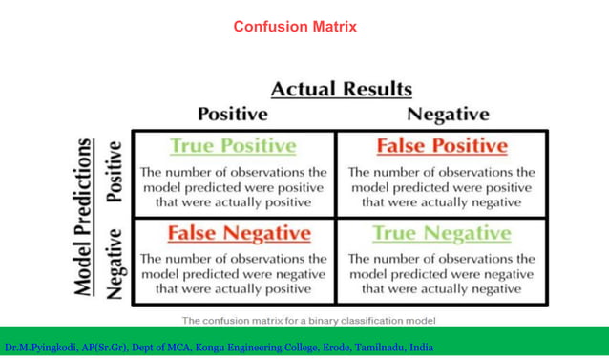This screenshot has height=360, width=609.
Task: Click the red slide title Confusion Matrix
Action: click(x=295, y=27)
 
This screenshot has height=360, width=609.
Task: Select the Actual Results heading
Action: click(x=342, y=90)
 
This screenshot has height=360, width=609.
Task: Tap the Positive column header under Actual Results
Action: click(x=232, y=115)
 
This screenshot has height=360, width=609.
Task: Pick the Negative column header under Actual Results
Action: click(x=448, y=115)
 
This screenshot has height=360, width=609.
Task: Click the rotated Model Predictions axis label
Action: click(x=85, y=218)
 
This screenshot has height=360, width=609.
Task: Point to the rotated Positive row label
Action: click(x=115, y=172)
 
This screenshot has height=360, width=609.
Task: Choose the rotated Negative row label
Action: click(x=115, y=263)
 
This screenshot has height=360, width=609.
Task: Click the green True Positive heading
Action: click(x=233, y=146)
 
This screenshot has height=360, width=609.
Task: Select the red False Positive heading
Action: click(x=441, y=146)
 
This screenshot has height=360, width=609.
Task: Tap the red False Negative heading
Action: click(x=239, y=233)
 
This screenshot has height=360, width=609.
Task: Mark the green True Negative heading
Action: click(x=441, y=233)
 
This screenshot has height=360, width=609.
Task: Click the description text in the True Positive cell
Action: click(x=233, y=187)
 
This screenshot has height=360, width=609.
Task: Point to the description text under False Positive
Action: click(x=441, y=187)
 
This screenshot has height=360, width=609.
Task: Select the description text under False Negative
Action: click(x=233, y=273)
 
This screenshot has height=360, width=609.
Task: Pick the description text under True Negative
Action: click(x=441, y=273)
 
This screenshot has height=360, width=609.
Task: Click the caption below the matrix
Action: click(x=308, y=320)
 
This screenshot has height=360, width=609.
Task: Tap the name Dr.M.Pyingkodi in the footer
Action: click(x=38, y=348)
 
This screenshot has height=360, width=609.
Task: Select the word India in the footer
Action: click(x=421, y=348)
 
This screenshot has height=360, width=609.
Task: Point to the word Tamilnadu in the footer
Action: click(x=379, y=348)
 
